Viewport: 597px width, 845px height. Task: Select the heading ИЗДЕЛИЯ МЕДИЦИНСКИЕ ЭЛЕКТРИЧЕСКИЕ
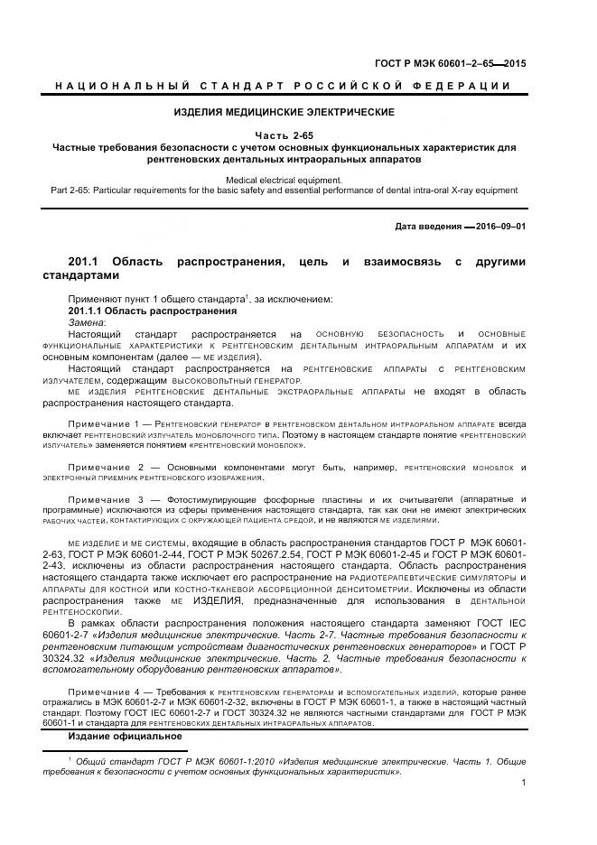click(x=284, y=112)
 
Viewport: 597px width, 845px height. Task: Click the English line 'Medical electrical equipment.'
click(x=284, y=180)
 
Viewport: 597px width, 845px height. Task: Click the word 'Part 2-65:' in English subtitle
click(x=68, y=190)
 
